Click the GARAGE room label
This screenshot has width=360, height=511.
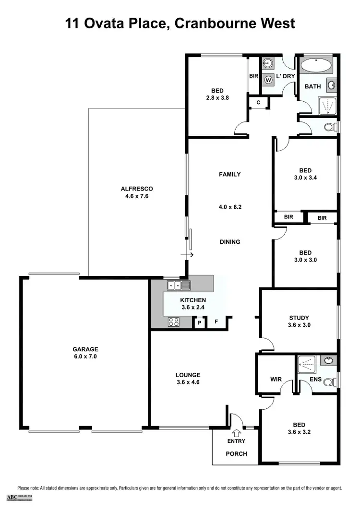[x=85, y=349]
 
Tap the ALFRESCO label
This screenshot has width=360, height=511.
[x=136, y=189]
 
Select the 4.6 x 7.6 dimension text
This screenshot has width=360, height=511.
[x=136, y=196]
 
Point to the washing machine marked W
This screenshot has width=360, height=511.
[x=268, y=80]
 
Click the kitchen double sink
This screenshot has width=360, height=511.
[x=179, y=285]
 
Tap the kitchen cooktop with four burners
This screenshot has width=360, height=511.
[x=173, y=322]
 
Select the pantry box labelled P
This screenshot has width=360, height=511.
[x=199, y=323]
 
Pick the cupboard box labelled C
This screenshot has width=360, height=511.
[x=258, y=102]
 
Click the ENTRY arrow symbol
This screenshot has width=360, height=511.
[x=236, y=433]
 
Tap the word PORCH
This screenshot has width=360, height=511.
[x=236, y=453]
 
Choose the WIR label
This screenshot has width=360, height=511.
[x=276, y=379]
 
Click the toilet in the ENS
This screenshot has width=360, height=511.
[x=329, y=382]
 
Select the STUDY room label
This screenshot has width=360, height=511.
[x=299, y=318]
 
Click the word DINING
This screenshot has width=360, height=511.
[x=229, y=242]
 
